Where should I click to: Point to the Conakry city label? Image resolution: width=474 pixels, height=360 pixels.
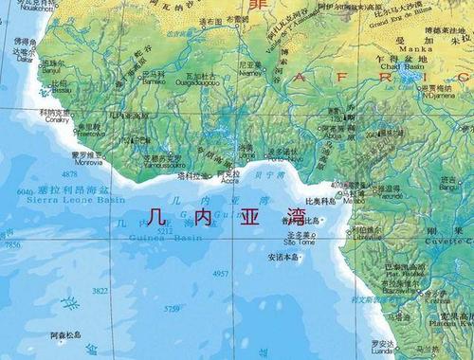point(57,119)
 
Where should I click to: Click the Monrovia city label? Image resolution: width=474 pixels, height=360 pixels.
point(87,162)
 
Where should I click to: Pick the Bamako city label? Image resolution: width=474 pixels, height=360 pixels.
point(153,82)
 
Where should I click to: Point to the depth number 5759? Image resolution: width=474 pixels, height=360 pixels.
point(172,308)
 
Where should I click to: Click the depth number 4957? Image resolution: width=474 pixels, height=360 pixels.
point(221,273)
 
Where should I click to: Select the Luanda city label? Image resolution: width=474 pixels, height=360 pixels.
point(383,350)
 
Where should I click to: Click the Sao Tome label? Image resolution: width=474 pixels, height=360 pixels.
point(301,241)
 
